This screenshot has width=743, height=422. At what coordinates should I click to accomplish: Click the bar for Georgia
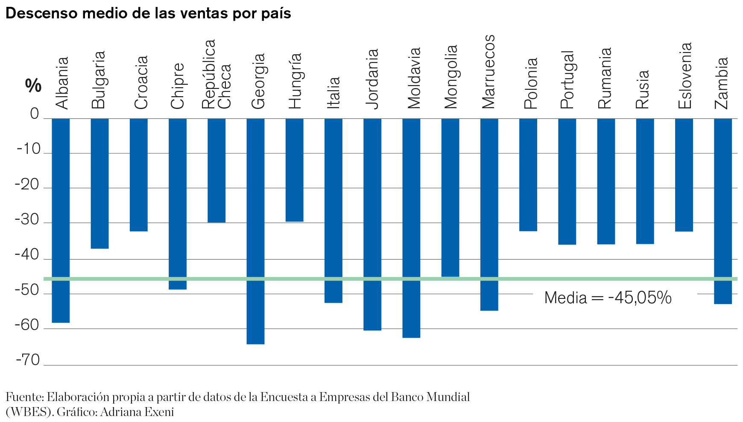click(x=255, y=231)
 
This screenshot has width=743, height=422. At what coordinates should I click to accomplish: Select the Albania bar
click(x=61, y=220)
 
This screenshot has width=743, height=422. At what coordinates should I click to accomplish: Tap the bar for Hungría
click(x=294, y=170)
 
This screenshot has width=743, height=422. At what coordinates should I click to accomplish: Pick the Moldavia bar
click(x=411, y=228)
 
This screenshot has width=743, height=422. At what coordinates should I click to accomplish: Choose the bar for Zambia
click(x=723, y=211)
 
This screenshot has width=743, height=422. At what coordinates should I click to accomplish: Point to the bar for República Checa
click(x=216, y=170)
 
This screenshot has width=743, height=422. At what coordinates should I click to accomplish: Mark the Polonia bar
click(x=528, y=174)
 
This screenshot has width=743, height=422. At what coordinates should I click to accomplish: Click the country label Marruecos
click(x=488, y=71)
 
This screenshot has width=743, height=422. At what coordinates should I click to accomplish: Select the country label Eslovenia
click(x=684, y=76)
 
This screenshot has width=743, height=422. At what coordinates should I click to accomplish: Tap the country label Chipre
click(x=177, y=86)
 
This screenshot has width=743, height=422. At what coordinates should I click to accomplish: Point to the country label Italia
click(x=333, y=92)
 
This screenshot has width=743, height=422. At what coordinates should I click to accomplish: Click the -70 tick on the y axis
click(x=28, y=360)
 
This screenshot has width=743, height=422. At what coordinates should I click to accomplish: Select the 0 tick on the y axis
click(x=35, y=114)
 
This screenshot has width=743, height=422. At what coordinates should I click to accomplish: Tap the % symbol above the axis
click(x=33, y=86)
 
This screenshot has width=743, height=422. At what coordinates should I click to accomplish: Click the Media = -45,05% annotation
click(x=608, y=298)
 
